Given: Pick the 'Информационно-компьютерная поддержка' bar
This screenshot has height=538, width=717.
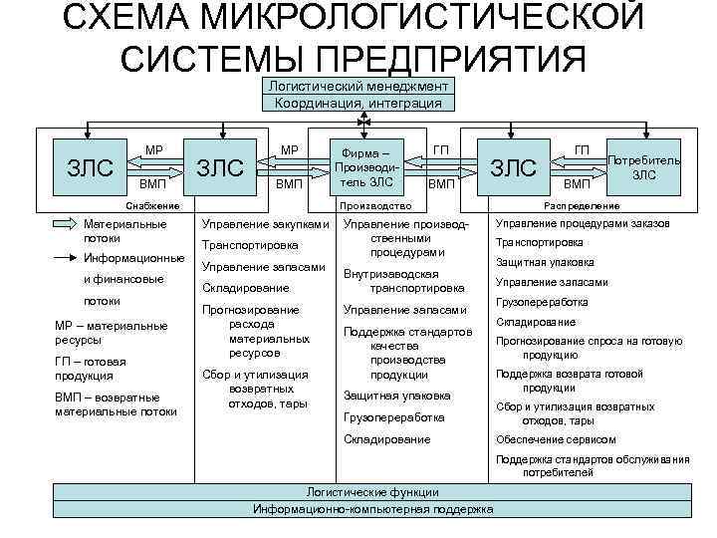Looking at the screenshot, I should pyautogui.click(x=372, y=508).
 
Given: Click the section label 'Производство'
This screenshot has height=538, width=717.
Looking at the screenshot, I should pyautogui.click(x=375, y=206).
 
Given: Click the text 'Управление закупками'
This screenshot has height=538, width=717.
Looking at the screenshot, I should pyautogui.click(x=264, y=224).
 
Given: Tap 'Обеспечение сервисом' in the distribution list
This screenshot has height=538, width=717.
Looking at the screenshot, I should pyautogui.click(x=548, y=440).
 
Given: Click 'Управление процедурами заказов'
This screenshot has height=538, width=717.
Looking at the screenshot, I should pyautogui.click(x=582, y=223).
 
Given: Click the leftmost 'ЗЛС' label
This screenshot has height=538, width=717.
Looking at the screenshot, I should pyautogui.click(x=90, y=166).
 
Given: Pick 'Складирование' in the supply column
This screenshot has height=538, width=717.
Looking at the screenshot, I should pyautogui.click(x=240, y=288).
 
